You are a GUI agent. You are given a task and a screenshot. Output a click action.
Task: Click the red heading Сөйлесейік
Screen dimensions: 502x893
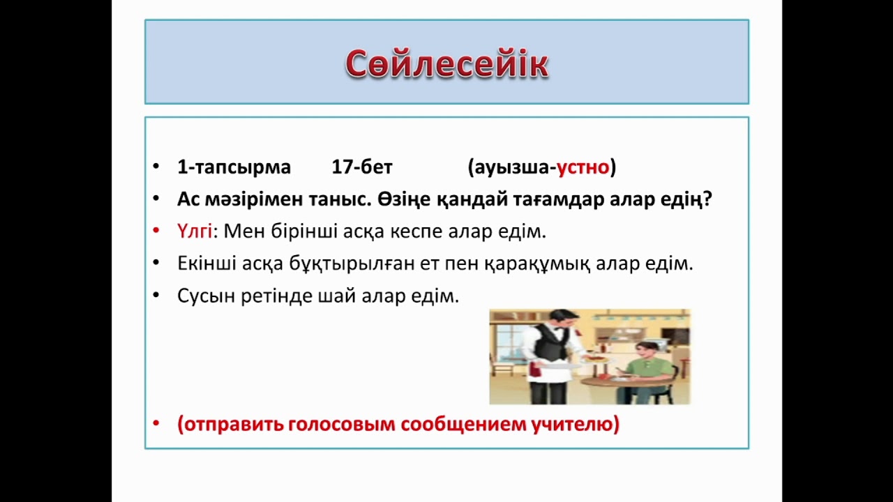tap(446, 64)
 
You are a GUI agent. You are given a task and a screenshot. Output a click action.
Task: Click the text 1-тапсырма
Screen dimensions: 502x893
tap(234, 167)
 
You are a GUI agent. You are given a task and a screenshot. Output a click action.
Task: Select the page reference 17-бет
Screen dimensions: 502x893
tap(361, 167)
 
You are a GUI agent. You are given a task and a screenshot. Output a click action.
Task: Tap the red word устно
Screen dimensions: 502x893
tap(583, 167)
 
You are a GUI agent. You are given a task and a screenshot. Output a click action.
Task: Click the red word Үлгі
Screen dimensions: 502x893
tap(194, 231)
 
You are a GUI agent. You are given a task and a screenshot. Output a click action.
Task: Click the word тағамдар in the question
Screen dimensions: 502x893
tap(534, 199)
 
